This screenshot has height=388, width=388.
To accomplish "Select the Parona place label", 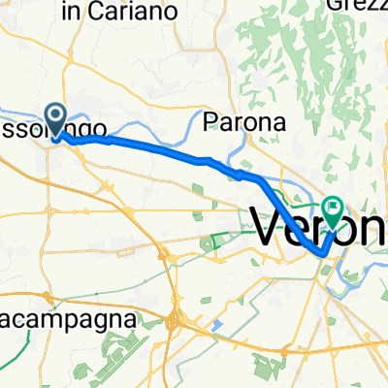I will [x=245, y=123].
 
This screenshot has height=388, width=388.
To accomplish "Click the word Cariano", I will [x=137, y=12].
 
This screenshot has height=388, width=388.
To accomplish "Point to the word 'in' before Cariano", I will [x=71, y=12].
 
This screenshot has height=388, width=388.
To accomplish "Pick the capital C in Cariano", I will [x=100, y=12].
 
